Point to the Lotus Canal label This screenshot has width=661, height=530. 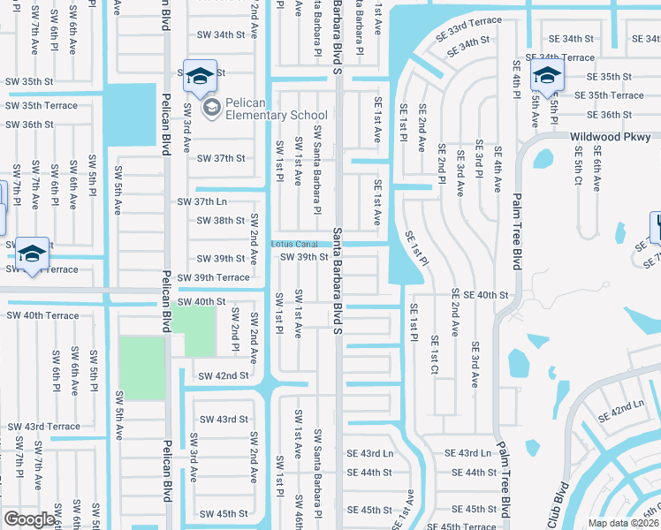pyautogui.click(x=294, y=244)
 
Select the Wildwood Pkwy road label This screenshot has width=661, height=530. pyautogui.click(x=611, y=137)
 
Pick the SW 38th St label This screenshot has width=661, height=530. pyautogui.click(x=220, y=221)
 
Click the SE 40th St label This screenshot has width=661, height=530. pyautogui.click(x=486, y=295)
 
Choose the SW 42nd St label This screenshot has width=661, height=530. pyautogui.click(x=224, y=375)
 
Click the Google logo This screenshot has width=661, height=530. pyautogui.click(x=29, y=519)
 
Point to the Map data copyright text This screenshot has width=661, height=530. pyautogui.click(x=623, y=523)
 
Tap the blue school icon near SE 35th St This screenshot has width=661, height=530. pyautogui.click(x=547, y=76)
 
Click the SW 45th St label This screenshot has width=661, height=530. pyautogui.click(x=224, y=514)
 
